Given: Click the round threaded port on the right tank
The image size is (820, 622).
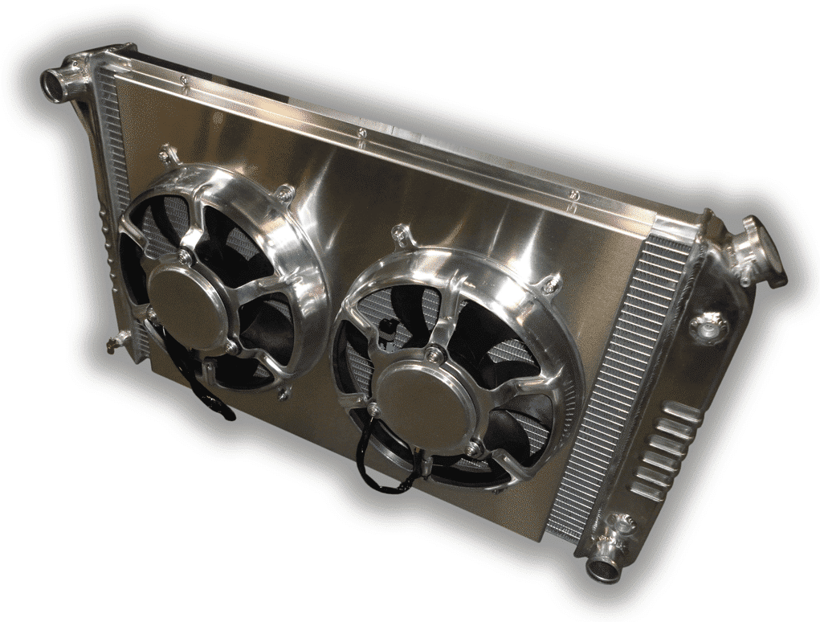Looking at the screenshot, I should (707, 325).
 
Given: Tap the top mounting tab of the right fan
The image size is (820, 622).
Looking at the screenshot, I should (399, 235).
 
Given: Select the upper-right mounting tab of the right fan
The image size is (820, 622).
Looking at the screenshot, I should (550, 284).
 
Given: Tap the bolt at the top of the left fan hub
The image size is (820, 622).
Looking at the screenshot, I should (186, 256).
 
